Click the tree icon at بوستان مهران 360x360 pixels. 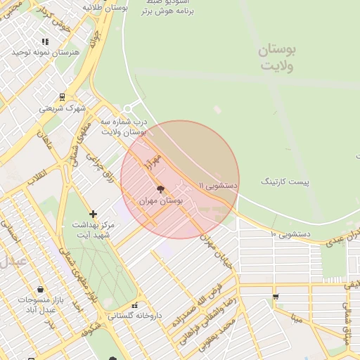point(160,188)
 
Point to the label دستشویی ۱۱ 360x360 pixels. point(219,185)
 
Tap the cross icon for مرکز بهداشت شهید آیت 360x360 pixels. point(93,214)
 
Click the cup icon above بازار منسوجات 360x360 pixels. point(40,289)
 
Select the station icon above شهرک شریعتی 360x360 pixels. point(62,97)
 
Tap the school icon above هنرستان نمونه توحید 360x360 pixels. point(46,42)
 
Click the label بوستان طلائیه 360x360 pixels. point(105,6)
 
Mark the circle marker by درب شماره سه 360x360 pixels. point(127,108)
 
